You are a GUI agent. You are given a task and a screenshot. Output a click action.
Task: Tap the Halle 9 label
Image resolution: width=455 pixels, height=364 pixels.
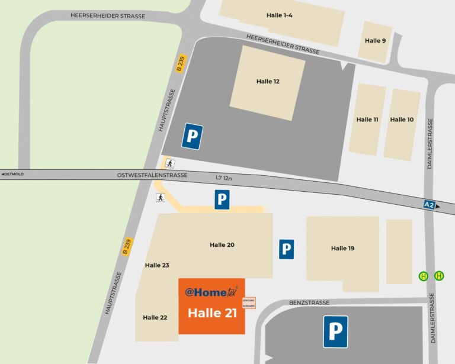[375, 40]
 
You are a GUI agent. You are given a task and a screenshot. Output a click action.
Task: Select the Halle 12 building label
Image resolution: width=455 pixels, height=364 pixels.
[268, 81]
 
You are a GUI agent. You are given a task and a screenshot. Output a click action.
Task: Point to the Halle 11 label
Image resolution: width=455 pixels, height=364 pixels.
[367, 120]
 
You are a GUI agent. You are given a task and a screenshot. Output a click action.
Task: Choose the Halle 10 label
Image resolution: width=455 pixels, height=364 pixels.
[402, 120]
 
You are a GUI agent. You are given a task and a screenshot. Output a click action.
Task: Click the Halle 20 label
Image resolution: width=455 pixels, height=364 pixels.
[222, 244]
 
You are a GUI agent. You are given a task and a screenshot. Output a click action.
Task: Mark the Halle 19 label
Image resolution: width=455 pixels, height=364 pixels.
[342, 249]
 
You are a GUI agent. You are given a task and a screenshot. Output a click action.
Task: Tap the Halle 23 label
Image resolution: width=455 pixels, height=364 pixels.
[157, 265]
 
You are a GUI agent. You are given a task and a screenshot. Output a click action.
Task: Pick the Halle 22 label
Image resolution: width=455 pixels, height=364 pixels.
[155, 318]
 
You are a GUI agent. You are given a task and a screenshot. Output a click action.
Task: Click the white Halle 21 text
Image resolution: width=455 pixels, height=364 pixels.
[212, 314]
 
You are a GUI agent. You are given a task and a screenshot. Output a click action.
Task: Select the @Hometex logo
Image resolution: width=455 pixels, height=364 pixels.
[211, 292]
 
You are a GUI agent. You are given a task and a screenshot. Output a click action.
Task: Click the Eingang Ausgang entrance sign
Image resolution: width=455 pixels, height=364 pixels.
[249, 302]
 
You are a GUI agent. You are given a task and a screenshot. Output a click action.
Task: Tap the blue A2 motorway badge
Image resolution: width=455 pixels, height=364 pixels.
[431, 204]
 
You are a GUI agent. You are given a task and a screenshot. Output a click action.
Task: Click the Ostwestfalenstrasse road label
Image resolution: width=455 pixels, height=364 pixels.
[152, 175]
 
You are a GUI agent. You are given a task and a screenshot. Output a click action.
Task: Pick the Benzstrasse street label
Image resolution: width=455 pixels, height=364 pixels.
[309, 302]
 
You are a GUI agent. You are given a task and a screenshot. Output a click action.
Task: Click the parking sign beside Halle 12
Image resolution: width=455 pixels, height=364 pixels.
[192, 136]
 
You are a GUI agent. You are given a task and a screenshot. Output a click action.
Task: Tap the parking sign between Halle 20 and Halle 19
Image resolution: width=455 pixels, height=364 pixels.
[287, 249]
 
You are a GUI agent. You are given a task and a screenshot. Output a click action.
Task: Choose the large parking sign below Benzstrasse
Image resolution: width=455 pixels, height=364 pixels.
[335, 331]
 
